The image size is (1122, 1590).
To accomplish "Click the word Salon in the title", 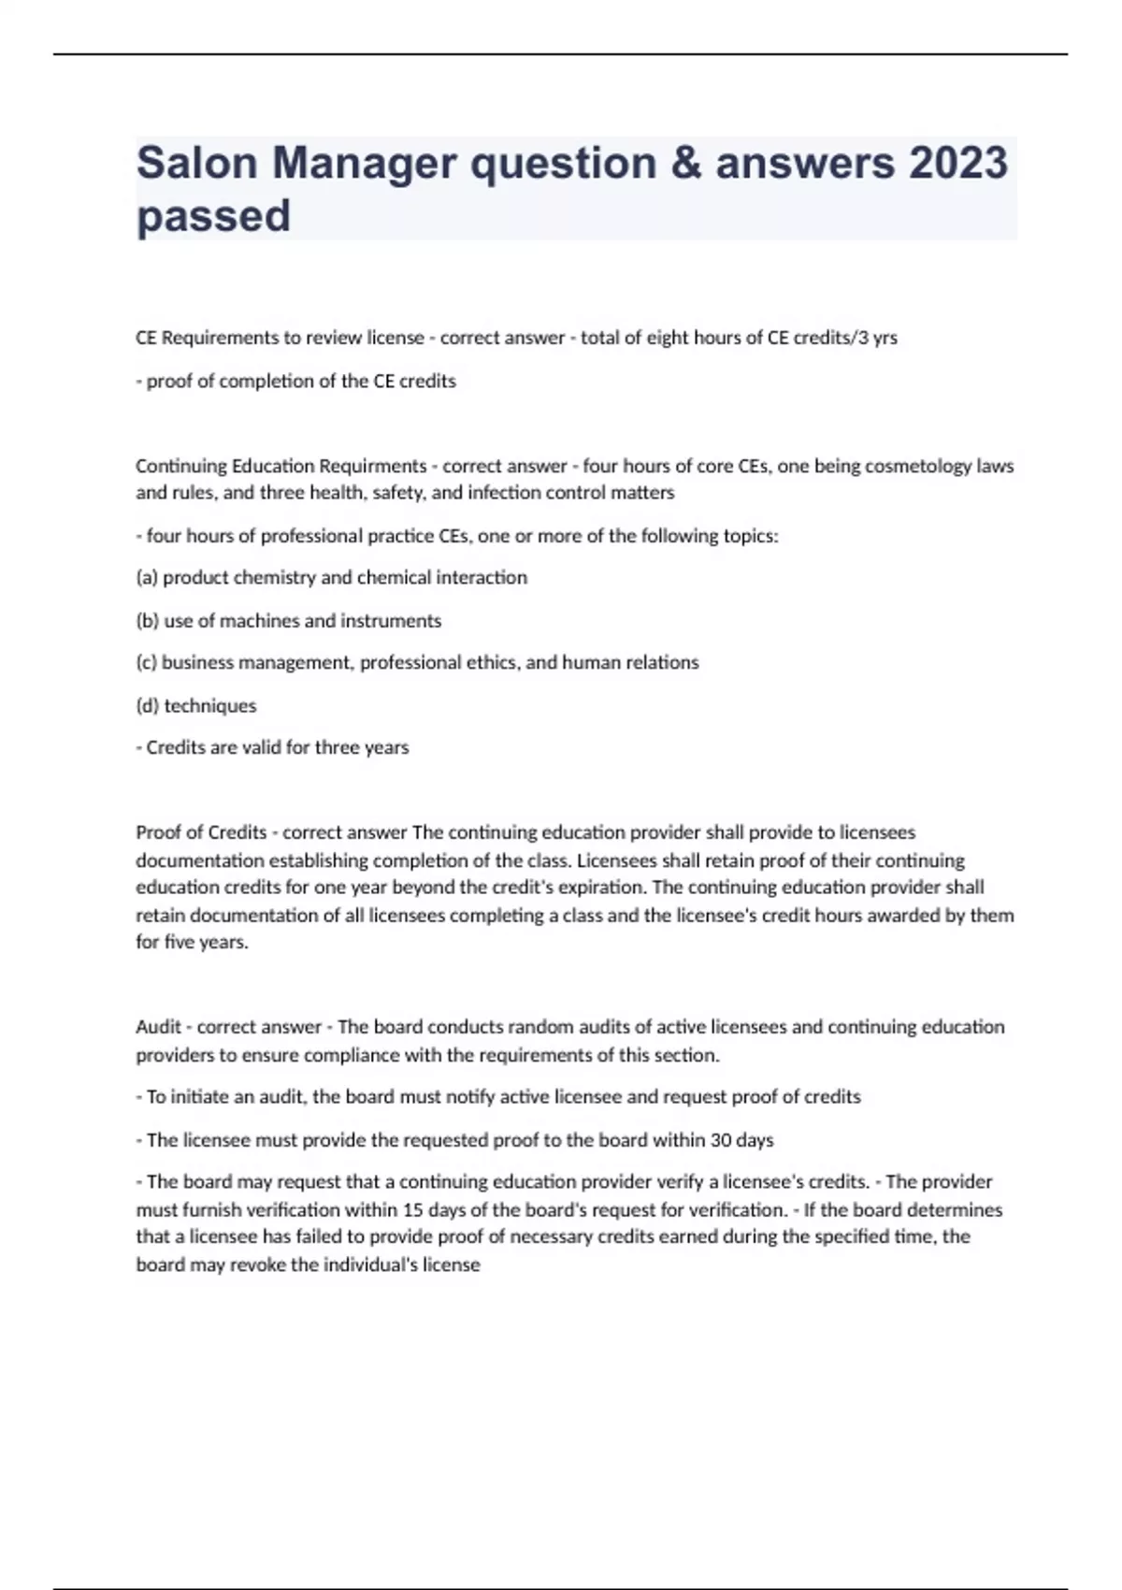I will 196,163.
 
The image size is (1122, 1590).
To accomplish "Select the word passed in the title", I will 213,216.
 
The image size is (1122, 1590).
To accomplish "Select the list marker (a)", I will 147,577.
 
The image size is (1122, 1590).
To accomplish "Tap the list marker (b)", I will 147,620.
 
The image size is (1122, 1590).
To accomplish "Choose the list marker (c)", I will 146,662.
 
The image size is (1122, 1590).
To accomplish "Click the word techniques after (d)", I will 210,705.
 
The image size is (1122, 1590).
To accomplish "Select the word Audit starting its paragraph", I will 158,1026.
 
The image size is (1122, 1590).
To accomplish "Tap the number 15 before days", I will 413,1209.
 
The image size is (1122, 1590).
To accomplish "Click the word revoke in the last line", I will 257,1265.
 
